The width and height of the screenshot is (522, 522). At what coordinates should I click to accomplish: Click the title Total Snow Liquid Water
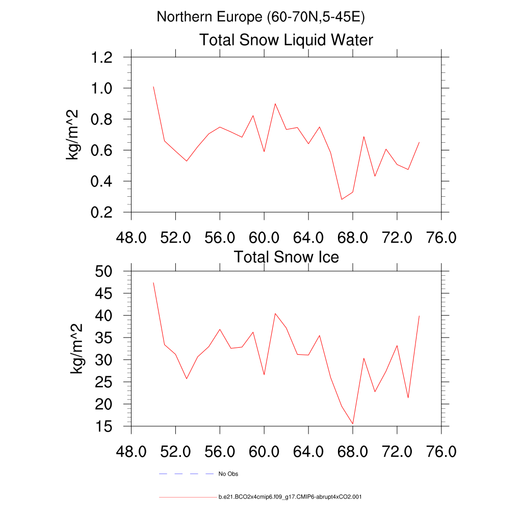tap(286, 40)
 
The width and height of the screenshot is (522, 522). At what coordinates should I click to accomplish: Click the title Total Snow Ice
tap(286, 257)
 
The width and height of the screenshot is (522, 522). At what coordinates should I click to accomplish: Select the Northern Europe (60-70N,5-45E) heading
tap(260, 17)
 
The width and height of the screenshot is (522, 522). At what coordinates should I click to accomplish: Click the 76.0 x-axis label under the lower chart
tap(441, 452)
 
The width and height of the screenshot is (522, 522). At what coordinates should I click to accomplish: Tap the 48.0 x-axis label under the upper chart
tap(132, 238)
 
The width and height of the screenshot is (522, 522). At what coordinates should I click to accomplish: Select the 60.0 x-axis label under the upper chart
tap(264, 238)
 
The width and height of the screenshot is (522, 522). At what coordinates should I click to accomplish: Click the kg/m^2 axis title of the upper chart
tap(75, 135)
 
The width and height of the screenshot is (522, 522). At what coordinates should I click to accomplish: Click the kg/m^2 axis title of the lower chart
tap(77, 349)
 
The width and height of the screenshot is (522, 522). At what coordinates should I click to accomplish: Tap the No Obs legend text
tap(228, 474)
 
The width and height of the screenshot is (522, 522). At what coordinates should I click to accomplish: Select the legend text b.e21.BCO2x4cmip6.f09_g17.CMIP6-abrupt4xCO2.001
tap(290, 497)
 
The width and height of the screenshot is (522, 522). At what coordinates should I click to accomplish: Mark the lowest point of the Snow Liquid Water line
tap(342, 199)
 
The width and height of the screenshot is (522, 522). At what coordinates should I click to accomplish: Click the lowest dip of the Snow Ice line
tap(352, 424)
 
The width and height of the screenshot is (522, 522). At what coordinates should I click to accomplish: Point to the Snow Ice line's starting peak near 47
tap(153, 283)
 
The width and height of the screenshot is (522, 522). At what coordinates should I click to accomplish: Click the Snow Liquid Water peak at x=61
tap(275, 103)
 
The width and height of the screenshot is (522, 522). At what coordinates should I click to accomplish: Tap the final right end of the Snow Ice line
tap(419, 316)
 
